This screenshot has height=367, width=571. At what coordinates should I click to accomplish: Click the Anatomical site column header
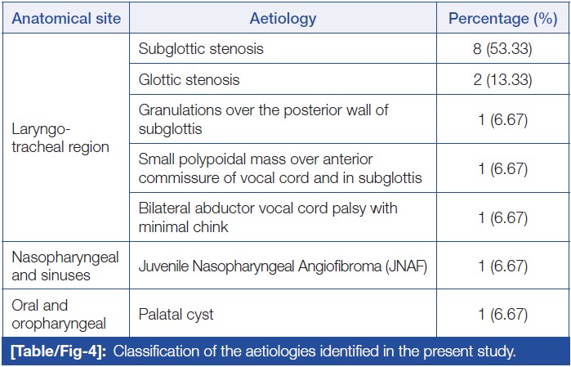pyautogui.click(x=66, y=18)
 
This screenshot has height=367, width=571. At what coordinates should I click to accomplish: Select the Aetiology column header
pyautogui.click(x=283, y=19)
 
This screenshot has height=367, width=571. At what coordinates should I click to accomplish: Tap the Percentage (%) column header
pyautogui.click(x=503, y=19)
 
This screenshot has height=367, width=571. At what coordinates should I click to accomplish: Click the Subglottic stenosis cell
pyautogui.click(x=201, y=49)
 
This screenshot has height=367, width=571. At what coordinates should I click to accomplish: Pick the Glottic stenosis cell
pyautogui.click(x=189, y=79)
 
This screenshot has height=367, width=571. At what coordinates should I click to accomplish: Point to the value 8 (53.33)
pyautogui.click(x=502, y=49)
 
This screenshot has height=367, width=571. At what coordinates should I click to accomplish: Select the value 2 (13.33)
pyautogui.click(x=502, y=79)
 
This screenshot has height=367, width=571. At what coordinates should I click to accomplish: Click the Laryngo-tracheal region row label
pyautogui.click(x=60, y=138)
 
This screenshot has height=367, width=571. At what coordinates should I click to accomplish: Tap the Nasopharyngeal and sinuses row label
pyautogui.click(x=65, y=266)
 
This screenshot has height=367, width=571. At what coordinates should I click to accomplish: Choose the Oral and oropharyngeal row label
pyautogui.click(x=59, y=315)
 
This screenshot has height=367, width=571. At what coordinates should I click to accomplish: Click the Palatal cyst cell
pyautogui.click(x=176, y=315)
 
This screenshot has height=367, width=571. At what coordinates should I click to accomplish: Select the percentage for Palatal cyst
pyautogui.click(x=503, y=315)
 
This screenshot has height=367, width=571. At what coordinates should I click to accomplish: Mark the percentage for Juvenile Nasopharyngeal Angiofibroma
pyautogui.click(x=503, y=266)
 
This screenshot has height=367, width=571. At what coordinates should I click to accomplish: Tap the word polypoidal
pyautogui.click(x=216, y=159)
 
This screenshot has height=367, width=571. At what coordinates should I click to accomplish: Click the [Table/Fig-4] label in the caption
pyautogui.click(x=58, y=351)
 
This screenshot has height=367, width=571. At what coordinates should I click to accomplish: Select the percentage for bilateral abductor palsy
pyautogui.click(x=503, y=217)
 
